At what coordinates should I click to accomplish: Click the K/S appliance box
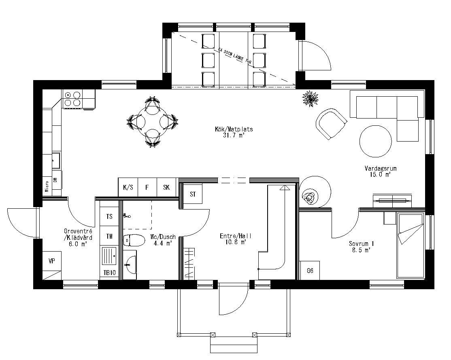(128, 187)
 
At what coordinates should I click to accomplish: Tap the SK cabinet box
(166, 187)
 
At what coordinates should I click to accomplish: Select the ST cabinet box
(193, 195)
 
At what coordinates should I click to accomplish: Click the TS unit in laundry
(109, 216)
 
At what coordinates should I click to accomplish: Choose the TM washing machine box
(109, 236)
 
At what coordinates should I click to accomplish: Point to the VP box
(52, 261)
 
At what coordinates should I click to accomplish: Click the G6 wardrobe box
(310, 271)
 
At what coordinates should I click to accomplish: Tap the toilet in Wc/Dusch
(134, 241)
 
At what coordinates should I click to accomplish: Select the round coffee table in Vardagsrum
(376, 141)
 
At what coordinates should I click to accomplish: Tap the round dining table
(152, 121)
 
